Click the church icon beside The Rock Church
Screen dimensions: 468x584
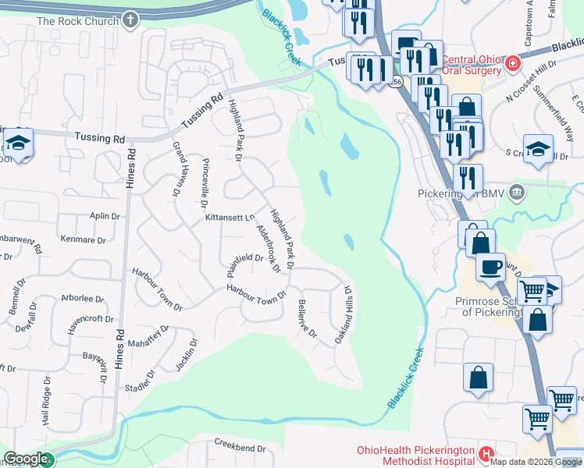click(x=130, y=20)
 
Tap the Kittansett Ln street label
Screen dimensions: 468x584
click(x=230, y=218)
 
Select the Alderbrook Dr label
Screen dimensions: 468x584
click(x=268, y=250)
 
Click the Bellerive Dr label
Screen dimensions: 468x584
click(x=307, y=318)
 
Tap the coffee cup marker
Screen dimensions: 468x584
click(x=490, y=267)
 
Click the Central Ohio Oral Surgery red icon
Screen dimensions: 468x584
click(x=514, y=63)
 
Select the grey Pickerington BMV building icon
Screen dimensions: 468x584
click(x=516, y=192)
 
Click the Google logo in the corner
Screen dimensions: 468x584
click(x=27, y=459)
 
